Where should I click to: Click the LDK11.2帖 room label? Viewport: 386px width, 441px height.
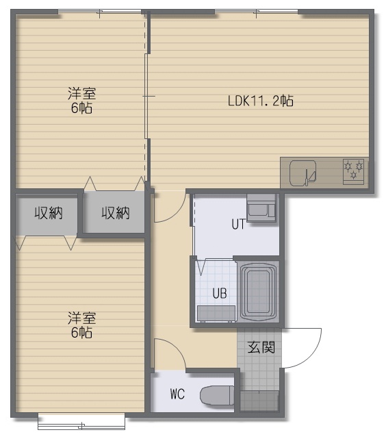pos(260,101)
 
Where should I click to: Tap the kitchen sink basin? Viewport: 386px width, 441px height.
pos(303,173)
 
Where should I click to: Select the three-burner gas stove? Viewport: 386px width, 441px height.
pos(353,172)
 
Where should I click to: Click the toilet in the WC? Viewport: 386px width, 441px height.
pos(217,395)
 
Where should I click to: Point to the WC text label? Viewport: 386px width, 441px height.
pos(177,394)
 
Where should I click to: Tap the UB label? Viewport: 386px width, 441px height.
pos(220,294)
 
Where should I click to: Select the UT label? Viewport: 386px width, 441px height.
pos(239,224)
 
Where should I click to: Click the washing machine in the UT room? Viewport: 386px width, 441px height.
pos(261,208)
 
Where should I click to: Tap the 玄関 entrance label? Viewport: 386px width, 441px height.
pos(261,347)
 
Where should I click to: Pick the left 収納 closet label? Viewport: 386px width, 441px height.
pos(49,213)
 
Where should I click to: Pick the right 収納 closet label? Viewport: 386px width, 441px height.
pos(116,213)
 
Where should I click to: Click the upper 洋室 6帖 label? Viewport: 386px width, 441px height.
pos(81,101)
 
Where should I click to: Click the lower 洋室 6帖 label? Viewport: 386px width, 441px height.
pos(81,325)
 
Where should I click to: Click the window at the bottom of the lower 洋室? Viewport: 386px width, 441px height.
pos(81,421)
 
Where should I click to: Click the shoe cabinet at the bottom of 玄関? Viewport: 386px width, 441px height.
pos(259,400)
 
